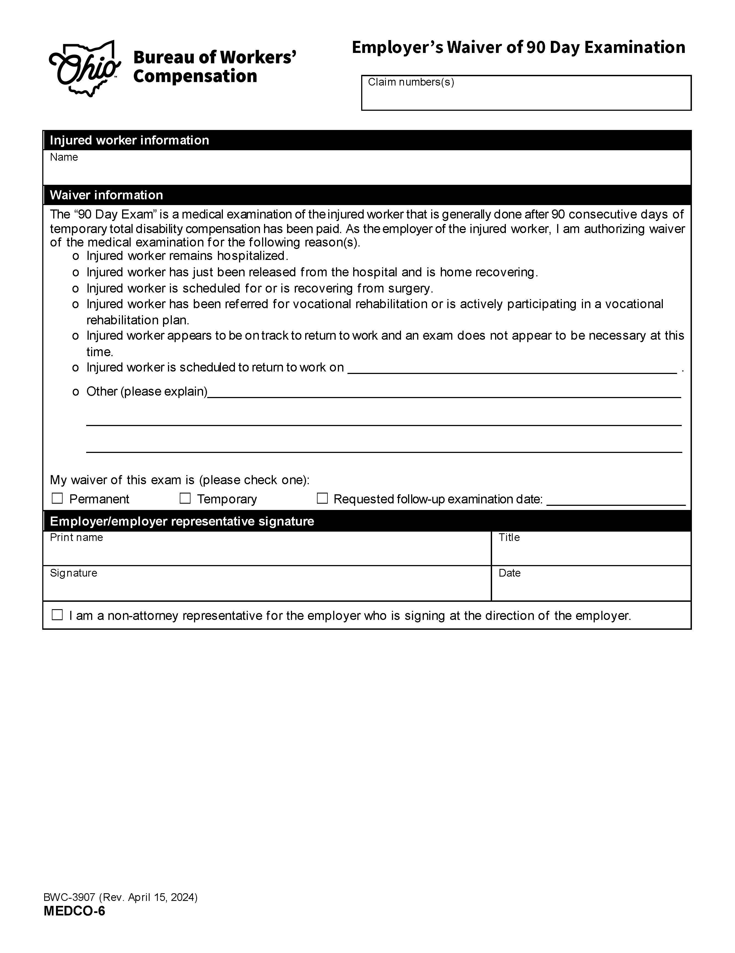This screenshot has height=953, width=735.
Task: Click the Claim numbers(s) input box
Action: click(526, 97)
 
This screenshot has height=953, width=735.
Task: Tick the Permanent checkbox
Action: click(57, 498)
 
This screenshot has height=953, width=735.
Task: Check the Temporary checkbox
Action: click(185, 498)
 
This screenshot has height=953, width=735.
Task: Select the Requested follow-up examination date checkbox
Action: click(322, 498)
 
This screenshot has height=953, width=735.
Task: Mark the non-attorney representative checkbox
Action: click(57, 615)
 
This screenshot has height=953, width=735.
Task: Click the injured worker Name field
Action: click(367, 171)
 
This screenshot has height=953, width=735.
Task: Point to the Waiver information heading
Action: click(106, 195)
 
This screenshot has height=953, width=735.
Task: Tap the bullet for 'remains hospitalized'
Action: click(75, 256)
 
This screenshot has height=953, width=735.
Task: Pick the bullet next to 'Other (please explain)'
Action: click(75, 392)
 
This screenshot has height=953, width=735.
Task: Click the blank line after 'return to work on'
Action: click(512, 369)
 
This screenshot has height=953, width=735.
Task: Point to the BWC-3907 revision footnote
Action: click(120, 897)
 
